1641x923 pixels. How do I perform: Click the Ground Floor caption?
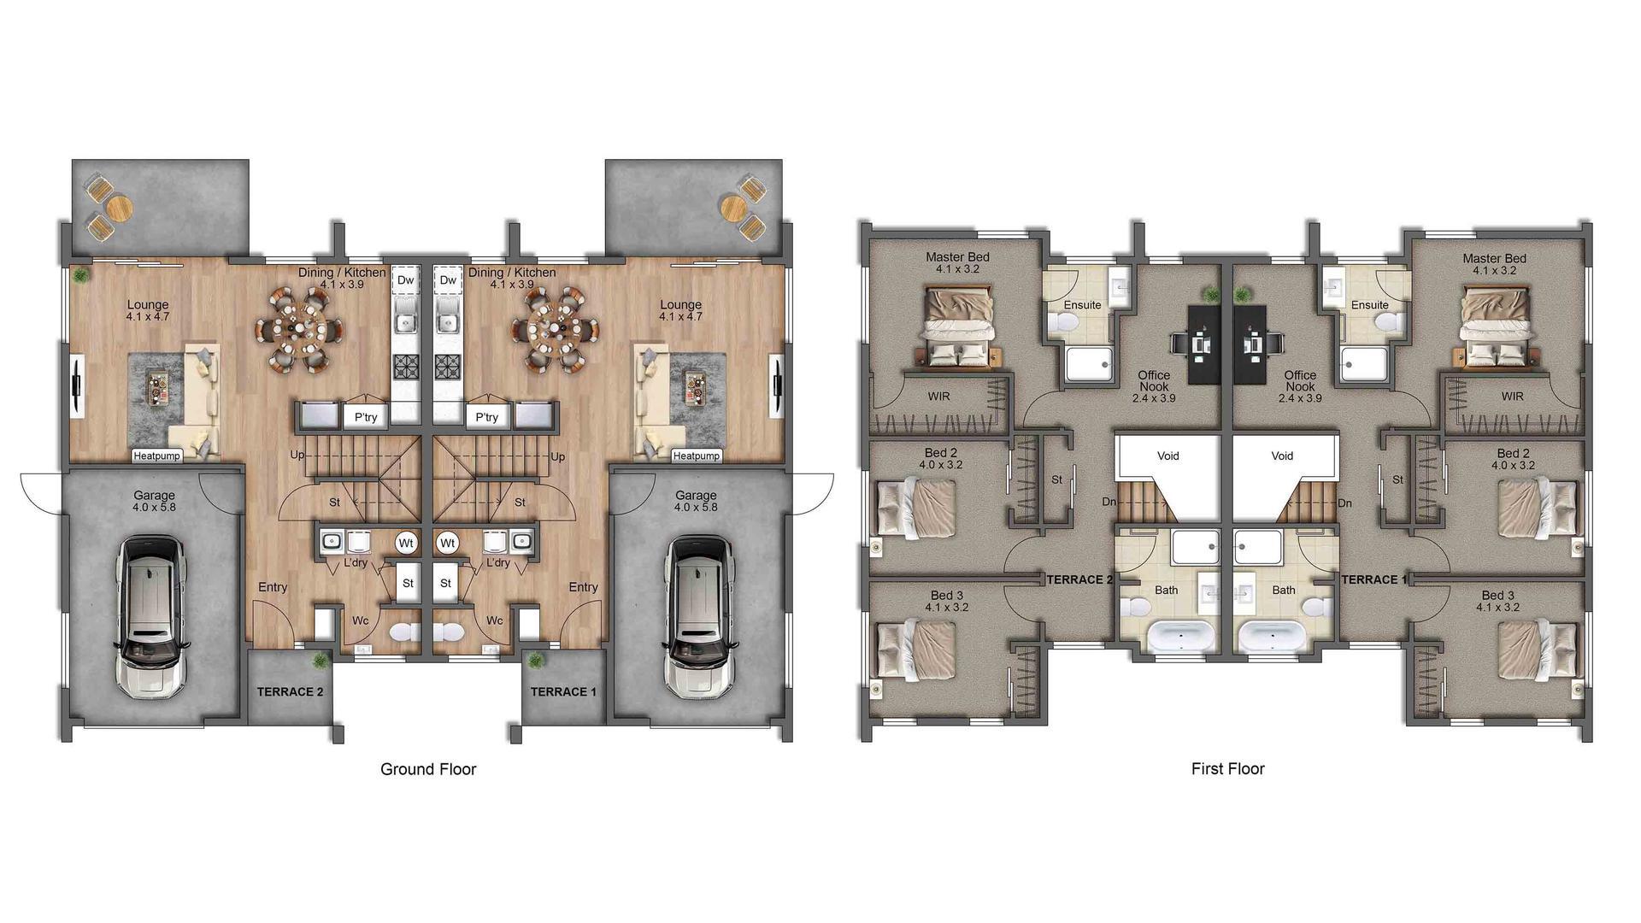point(427,769)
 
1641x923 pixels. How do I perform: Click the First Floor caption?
point(1227,769)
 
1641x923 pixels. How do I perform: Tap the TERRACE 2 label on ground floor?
point(290,691)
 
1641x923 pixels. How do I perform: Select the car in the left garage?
point(152,615)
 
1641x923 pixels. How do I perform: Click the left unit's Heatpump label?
point(157,456)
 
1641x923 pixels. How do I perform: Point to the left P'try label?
point(366,417)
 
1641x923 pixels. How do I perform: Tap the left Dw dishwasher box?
point(405,280)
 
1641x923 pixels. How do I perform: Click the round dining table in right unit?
point(554,328)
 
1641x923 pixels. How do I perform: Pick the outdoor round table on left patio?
point(120,207)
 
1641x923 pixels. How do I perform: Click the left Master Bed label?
point(957,257)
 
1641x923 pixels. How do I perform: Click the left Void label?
point(1168,456)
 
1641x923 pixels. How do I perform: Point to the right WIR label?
point(1512,397)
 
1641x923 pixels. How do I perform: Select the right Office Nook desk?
point(1253,344)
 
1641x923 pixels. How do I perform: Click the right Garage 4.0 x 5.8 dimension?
point(696,508)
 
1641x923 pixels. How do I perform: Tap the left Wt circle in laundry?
point(407,544)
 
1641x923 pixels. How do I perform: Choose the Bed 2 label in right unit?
point(1514,454)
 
